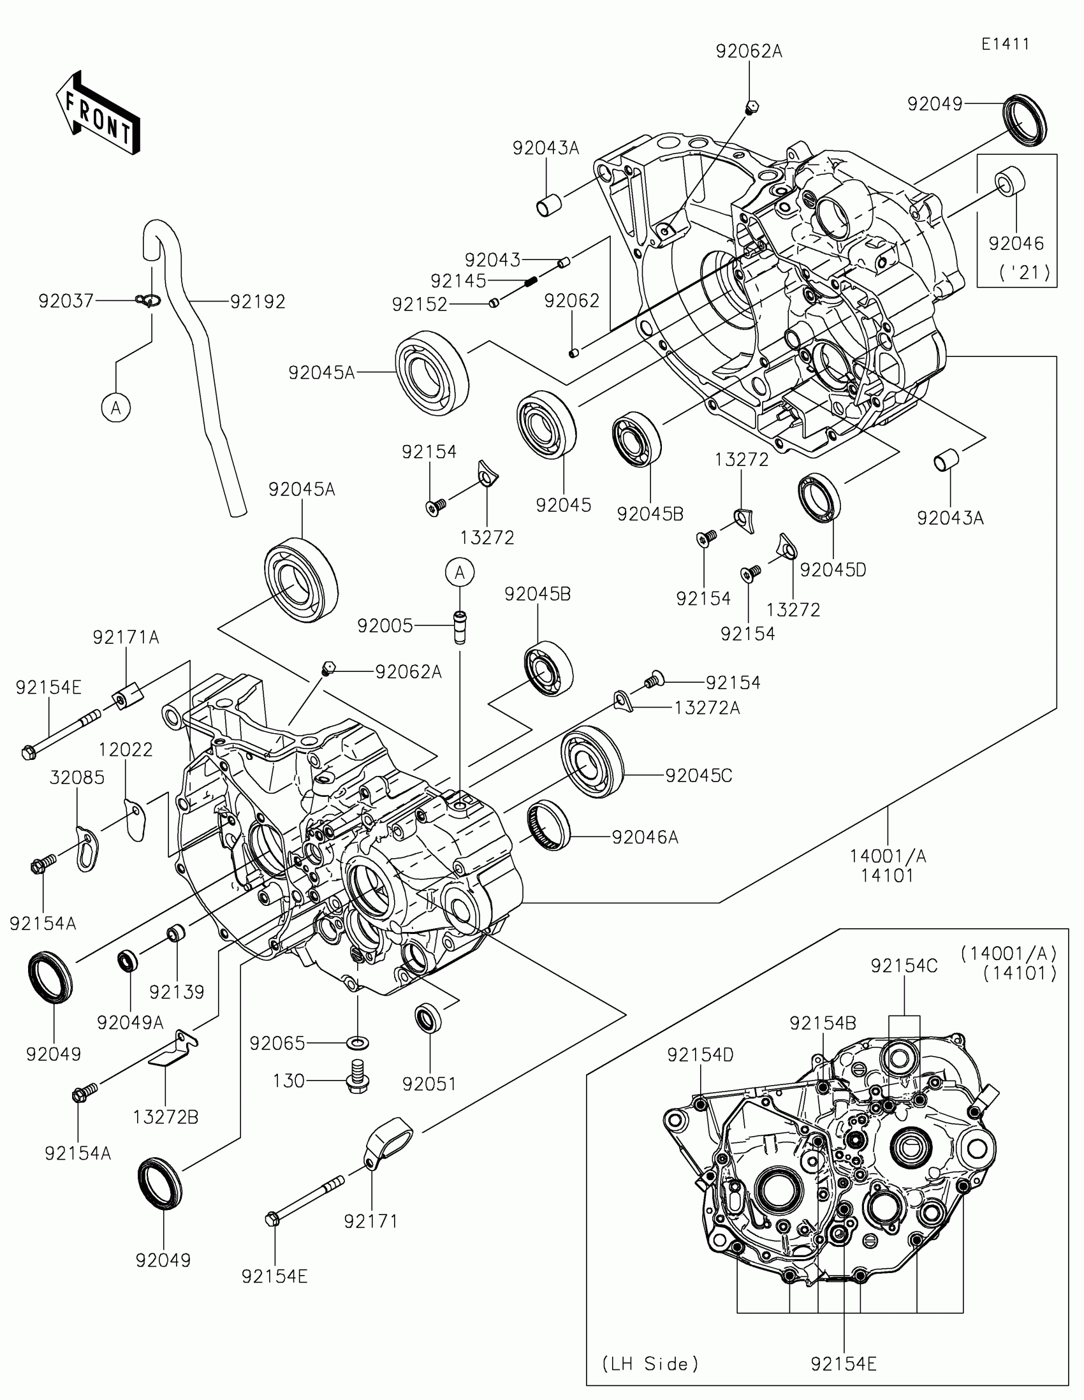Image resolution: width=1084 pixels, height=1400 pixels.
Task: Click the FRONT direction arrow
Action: [x=98, y=112]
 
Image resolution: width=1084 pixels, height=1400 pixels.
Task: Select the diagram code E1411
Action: [x=1005, y=44]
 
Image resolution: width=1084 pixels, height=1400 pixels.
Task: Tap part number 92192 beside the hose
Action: [x=258, y=302]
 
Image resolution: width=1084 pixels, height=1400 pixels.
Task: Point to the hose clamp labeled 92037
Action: [x=148, y=299]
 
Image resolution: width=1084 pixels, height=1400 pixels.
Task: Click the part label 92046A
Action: [x=645, y=837]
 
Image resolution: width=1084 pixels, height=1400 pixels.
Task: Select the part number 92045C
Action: [x=699, y=776]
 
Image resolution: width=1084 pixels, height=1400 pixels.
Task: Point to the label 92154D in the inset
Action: [x=700, y=1055]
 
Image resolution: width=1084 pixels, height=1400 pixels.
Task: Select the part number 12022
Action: [x=126, y=749]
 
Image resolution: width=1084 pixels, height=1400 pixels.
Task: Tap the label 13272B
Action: [x=165, y=1118]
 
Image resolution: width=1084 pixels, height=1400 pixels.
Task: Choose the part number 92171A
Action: [x=126, y=637]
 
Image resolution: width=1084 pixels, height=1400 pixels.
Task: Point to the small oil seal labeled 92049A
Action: [x=128, y=960]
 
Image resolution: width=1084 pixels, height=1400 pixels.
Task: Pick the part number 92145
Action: [x=458, y=281]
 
